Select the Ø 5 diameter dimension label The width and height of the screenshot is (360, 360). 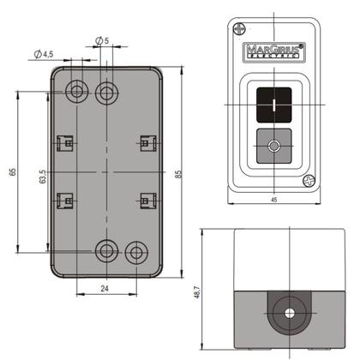click(100, 41)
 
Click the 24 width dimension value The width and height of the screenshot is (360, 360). click(104, 290)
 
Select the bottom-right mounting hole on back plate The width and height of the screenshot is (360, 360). click(135, 253)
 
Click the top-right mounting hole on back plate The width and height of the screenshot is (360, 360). click(106, 91)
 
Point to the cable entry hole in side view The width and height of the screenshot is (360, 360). click(286, 314)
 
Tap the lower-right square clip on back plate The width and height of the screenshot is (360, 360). click(147, 200)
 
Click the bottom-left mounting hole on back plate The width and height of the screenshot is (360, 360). click(106, 251)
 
